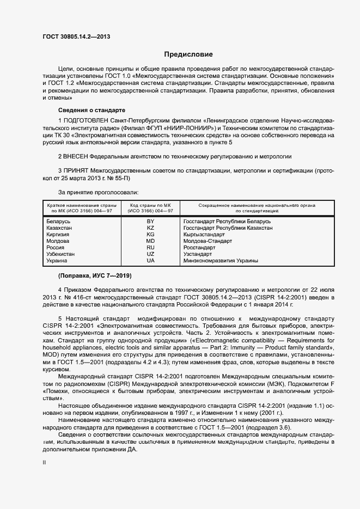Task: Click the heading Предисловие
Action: [x=188, y=54]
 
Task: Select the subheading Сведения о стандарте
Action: [x=84, y=110]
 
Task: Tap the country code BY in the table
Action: [x=150, y=222]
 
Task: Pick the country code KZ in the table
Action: [x=150, y=228]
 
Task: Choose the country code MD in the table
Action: [x=150, y=241]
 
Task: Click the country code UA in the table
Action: [x=150, y=261]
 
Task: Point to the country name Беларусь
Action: [x=59, y=222]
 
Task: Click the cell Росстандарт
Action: [x=200, y=248]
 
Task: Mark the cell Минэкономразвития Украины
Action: [x=221, y=261]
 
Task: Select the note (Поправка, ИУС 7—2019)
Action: [x=87, y=275]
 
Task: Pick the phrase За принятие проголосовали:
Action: [x=98, y=192]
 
